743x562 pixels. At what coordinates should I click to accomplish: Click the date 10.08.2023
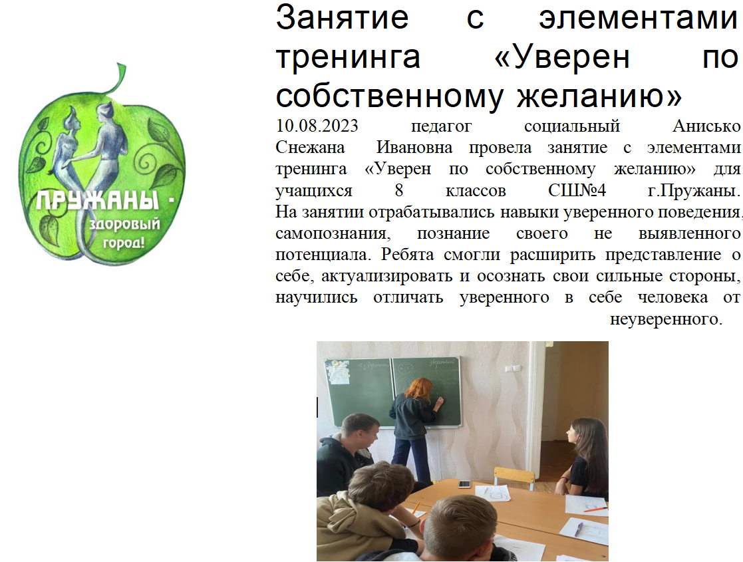[317, 126]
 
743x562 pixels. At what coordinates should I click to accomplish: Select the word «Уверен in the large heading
[562, 57]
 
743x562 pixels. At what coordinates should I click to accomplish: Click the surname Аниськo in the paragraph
[706, 126]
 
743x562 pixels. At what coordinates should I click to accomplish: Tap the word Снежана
[310, 148]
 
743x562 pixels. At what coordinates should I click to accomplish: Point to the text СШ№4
[577, 190]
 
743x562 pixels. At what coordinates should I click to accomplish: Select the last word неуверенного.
[666, 319]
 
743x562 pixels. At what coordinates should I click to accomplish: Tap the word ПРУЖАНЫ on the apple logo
[98, 201]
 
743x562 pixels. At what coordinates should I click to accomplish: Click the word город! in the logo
[124, 243]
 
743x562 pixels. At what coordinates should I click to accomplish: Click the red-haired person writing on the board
[414, 429]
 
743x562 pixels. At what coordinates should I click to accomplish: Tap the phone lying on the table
[464, 484]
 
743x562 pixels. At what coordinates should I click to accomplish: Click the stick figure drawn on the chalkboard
[405, 378]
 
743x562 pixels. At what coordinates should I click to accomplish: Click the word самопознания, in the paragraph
[333, 233]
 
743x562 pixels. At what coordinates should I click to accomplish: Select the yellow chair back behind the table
[514, 474]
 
